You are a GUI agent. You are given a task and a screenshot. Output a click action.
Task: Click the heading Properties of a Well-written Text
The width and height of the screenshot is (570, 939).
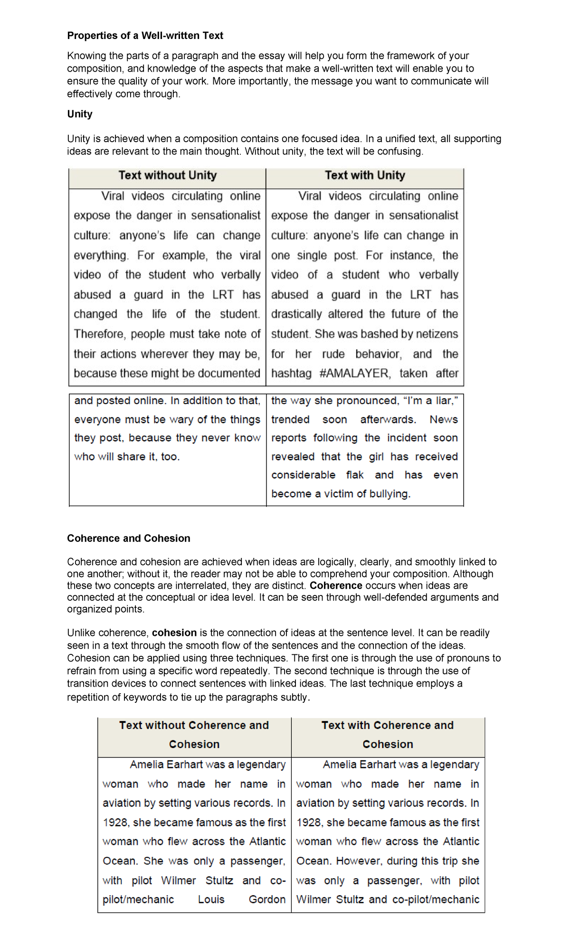[x=145, y=36]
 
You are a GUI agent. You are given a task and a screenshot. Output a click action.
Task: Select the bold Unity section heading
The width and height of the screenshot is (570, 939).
[x=80, y=114]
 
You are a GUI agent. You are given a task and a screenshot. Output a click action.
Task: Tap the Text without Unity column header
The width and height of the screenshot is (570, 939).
[x=167, y=175]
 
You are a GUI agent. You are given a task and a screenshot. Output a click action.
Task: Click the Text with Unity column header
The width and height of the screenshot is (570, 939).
[x=365, y=175]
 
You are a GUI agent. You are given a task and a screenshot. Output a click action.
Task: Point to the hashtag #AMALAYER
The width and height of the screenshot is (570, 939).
[x=354, y=374]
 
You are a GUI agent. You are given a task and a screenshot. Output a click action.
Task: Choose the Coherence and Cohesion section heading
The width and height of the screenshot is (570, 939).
[x=129, y=538]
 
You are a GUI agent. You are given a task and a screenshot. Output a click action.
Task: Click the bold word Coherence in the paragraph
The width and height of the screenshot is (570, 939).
[x=336, y=585]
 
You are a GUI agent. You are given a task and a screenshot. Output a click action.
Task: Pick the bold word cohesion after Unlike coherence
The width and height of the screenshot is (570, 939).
[x=174, y=633]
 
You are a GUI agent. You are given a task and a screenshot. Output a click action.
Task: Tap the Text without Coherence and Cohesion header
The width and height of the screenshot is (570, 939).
[x=194, y=734]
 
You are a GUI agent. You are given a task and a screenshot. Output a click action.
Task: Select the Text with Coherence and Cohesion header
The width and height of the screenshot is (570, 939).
[x=388, y=734]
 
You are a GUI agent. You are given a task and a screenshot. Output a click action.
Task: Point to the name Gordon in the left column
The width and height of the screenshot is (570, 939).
[x=267, y=900]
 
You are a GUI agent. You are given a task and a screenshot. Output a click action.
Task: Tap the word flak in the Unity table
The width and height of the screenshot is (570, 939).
[x=354, y=475]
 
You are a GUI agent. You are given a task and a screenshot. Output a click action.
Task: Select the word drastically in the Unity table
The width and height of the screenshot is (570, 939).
[x=296, y=314]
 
